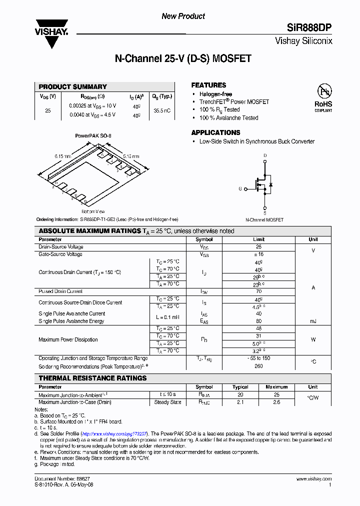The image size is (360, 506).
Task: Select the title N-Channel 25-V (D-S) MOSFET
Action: pyautogui.click(x=183, y=59)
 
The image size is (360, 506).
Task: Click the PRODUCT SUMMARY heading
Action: pyautogui.click(x=73, y=86)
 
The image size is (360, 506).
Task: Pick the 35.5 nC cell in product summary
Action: pyautogui.click(x=162, y=110)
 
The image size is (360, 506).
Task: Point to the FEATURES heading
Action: pyautogui.click(x=208, y=85)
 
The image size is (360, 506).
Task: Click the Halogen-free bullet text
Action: pyautogui.click(x=215, y=94)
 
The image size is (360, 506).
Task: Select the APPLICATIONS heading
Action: pyautogui.click(x=215, y=132)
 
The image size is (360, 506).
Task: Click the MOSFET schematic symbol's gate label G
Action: pyautogui.click(x=240, y=189)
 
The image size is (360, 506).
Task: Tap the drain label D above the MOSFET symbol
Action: pyautogui.click(x=265, y=156)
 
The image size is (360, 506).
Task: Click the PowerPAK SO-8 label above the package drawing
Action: pyautogui.click(x=93, y=135)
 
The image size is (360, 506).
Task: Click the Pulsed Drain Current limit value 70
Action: pyautogui.click(x=258, y=291)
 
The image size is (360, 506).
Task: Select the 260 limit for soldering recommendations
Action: pyautogui.click(x=258, y=365)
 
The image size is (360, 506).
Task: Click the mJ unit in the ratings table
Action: pyautogui.click(x=313, y=321)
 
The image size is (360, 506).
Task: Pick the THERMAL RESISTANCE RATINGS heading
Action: pyautogui.click(x=92, y=378)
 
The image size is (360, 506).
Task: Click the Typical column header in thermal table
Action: pyautogui.click(x=240, y=387)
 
